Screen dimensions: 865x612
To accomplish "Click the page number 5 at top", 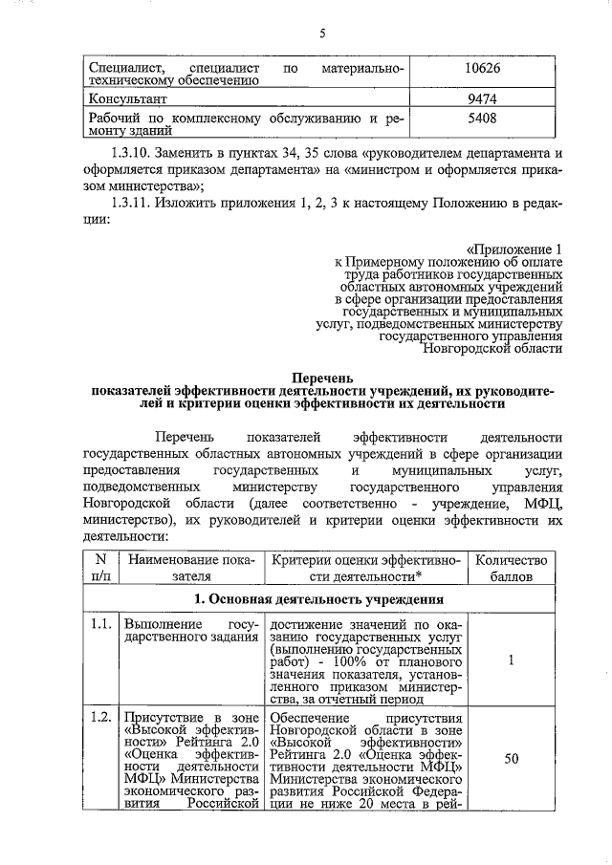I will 322,33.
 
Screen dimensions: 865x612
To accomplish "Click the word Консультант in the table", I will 128,98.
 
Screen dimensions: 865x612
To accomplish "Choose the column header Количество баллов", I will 511,568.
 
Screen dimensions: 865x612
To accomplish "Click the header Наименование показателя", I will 190,568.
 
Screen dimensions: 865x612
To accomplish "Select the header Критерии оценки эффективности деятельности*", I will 365,568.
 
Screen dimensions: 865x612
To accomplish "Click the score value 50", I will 511,759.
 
